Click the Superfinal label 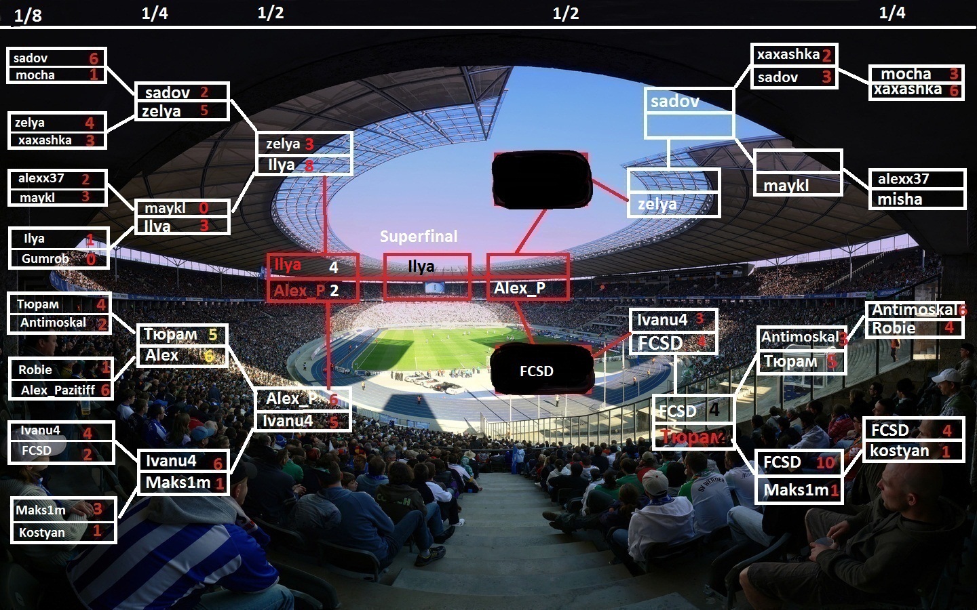pyautogui.click(x=419, y=237)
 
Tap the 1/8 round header pyautogui.click(x=28, y=16)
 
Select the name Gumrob pyautogui.click(x=45, y=258)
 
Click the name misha pyautogui.click(x=900, y=199)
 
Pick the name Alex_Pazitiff pyautogui.click(x=58, y=390)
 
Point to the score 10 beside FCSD pyautogui.click(x=825, y=462)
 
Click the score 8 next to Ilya pyautogui.click(x=309, y=165)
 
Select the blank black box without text pyautogui.click(x=541, y=179)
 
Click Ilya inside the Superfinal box pyautogui.click(x=421, y=266)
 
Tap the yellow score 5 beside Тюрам pyautogui.click(x=213, y=334)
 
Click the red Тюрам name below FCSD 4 pyautogui.click(x=691, y=437)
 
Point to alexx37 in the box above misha pyautogui.click(x=903, y=179)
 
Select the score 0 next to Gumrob pyautogui.click(x=91, y=259)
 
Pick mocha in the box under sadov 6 pyautogui.click(x=35, y=75)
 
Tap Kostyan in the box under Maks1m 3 pyautogui.click(x=42, y=533)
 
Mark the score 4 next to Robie pyautogui.click(x=949, y=328)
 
